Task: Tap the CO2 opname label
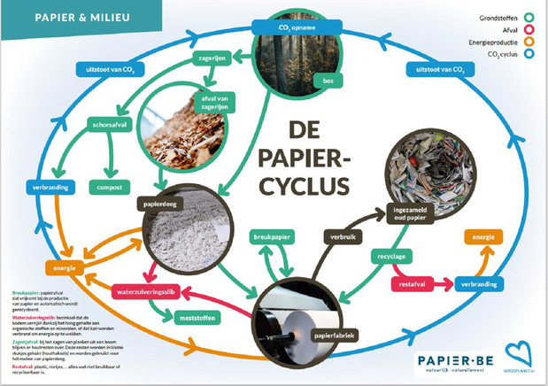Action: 274,27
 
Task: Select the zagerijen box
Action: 212,60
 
